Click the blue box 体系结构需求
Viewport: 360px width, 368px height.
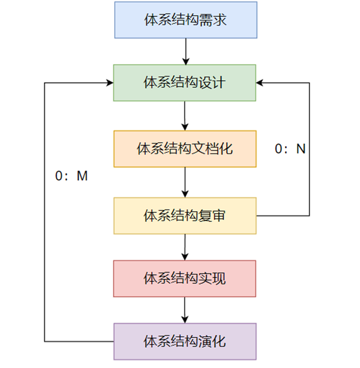click(x=184, y=20)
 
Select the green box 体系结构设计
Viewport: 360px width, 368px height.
click(x=184, y=83)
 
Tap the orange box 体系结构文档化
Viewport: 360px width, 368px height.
click(x=184, y=149)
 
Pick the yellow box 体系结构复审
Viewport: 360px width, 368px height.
click(x=184, y=215)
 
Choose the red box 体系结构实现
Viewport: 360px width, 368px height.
click(x=184, y=278)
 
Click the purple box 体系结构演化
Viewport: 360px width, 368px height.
click(x=184, y=341)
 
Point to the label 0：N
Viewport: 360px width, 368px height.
click(x=290, y=149)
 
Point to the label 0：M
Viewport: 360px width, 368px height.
click(x=71, y=176)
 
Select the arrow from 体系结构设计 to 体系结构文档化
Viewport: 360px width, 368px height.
click(x=184, y=116)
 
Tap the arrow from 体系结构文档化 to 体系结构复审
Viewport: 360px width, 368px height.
click(x=184, y=182)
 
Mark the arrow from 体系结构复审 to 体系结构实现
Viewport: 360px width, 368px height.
click(x=184, y=247)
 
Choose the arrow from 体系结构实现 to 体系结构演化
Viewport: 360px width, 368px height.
click(x=184, y=310)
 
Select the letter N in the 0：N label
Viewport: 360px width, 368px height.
click(x=301, y=149)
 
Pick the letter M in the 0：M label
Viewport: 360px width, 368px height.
click(x=83, y=176)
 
